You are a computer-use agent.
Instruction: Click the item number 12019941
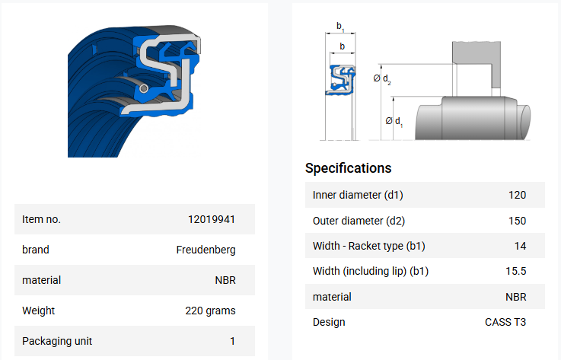click(x=212, y=219)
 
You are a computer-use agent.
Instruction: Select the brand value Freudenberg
click(x=206, y=250)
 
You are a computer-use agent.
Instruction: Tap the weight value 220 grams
click(x=210, y=311)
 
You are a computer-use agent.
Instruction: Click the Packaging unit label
click(x=57, y=342)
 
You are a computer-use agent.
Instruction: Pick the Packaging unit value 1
click(x=233, y=342)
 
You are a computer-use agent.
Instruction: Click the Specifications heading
click(x=348, y=168)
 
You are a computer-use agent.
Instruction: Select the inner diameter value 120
click(x=517, y=195)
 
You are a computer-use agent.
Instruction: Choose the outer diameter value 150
click(x=517, y=221)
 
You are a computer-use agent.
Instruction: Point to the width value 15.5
click(x=515, y=271)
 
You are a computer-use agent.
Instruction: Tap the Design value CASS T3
click(x=505, y=322)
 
